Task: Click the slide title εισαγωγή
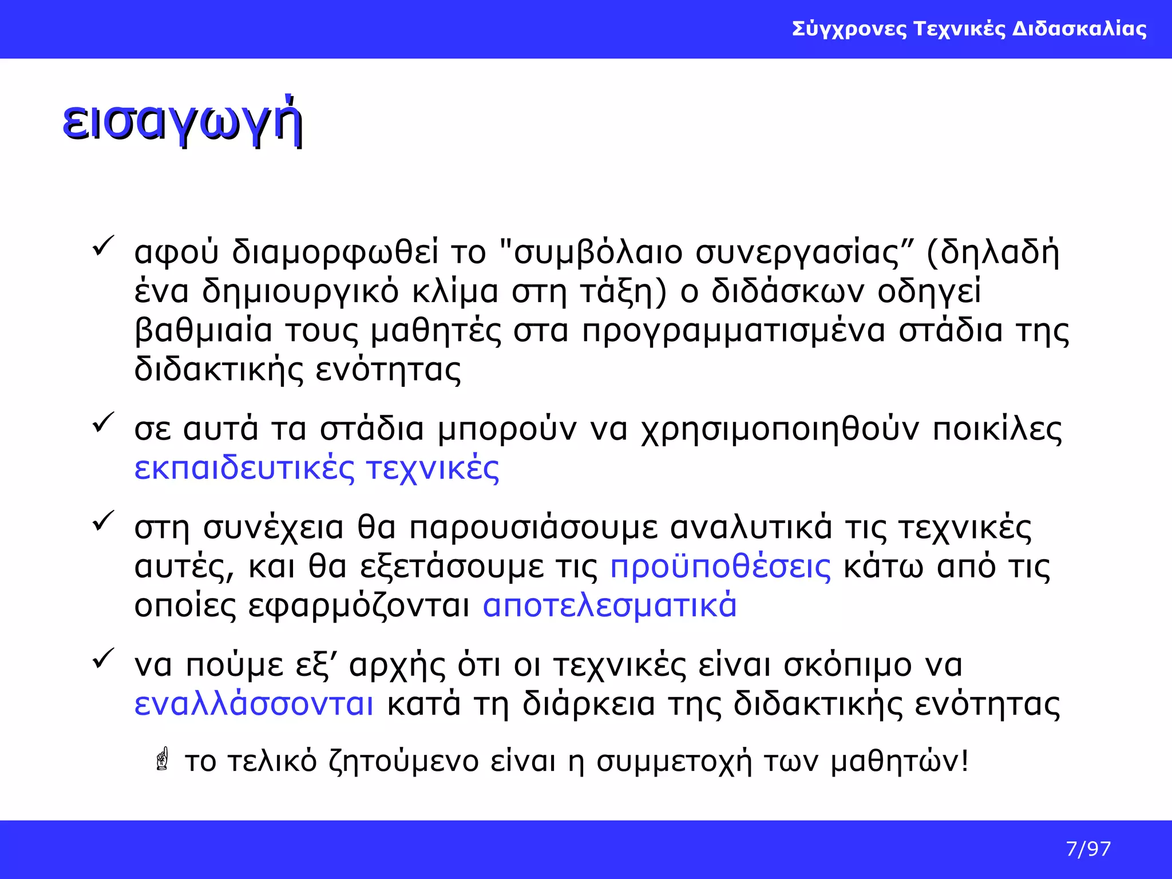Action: [182, 122]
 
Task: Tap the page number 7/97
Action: [1088, 849]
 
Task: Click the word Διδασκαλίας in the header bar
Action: [1079, 29]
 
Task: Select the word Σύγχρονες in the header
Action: [849, 29]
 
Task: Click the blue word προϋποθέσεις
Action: [720, 567]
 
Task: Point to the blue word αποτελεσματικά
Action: [609, 605]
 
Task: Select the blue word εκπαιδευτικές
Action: [244, 468]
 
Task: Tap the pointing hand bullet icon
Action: [163, 759]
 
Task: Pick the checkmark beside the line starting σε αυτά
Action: [103, 423]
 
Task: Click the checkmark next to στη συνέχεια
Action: [103, 521]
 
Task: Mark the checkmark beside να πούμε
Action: [103, 659]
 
